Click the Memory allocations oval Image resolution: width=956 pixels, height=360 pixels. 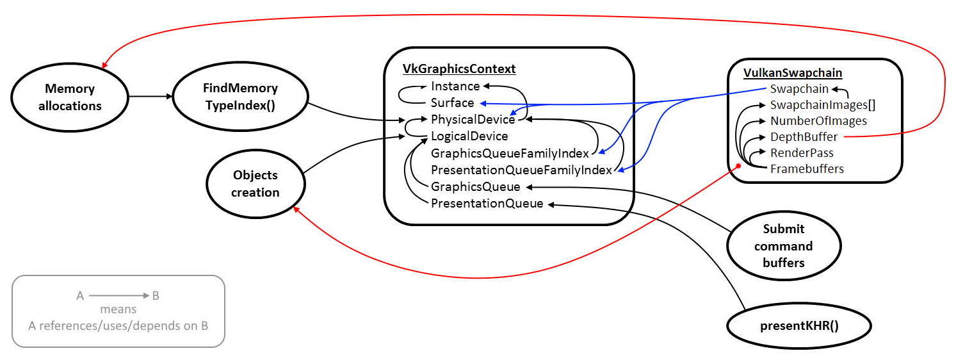pos(70,97)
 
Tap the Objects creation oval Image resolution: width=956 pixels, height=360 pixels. pos(255,184)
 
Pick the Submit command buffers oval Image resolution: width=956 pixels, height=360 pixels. pos(784,246)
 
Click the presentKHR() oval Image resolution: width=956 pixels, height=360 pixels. pos(799,325)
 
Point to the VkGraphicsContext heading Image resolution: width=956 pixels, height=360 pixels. pos(459,69)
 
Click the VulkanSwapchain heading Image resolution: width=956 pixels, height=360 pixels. pos(793,73)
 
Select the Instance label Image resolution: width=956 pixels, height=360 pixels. pos(455,86)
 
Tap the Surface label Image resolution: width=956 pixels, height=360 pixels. pos(453,102)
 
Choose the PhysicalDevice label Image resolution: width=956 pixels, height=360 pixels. pos(473,119)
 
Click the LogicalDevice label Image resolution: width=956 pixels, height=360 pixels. pos(469,136)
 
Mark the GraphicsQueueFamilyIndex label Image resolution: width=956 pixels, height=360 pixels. pos(510,153)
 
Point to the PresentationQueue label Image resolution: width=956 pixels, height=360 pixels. pos(487,204)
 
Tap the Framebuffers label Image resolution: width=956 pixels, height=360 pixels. pos(807,168)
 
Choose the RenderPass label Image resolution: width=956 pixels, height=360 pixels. pos(802,152)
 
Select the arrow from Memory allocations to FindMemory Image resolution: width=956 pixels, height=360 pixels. pos(151,97)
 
